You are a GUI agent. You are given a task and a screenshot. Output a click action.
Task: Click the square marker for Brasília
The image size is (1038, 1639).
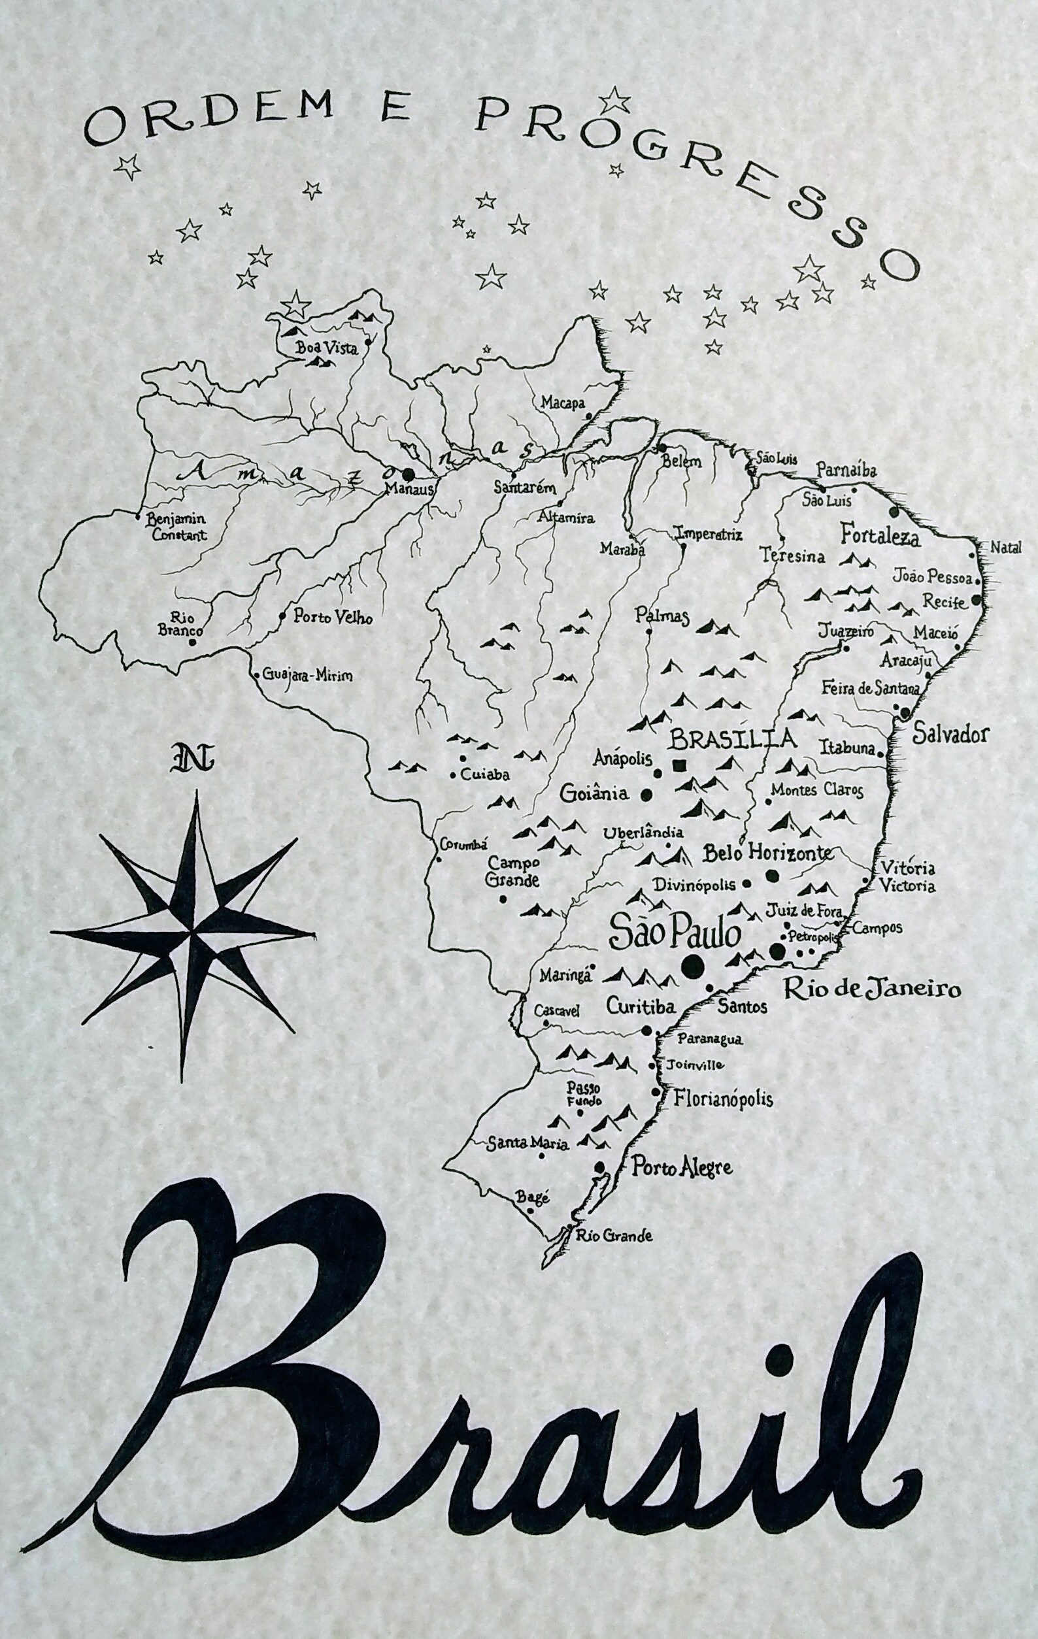(678, 765)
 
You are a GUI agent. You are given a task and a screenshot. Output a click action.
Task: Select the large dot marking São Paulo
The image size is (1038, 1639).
(692, 964)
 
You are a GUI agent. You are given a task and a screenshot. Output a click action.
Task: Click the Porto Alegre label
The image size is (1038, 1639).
(681, 1168)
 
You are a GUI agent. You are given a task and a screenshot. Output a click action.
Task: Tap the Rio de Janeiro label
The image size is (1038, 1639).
(872, 988)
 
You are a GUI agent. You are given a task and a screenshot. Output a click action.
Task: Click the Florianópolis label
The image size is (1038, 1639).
(723, 1099)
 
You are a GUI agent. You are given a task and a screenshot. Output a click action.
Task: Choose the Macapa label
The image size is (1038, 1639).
(562, 403)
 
